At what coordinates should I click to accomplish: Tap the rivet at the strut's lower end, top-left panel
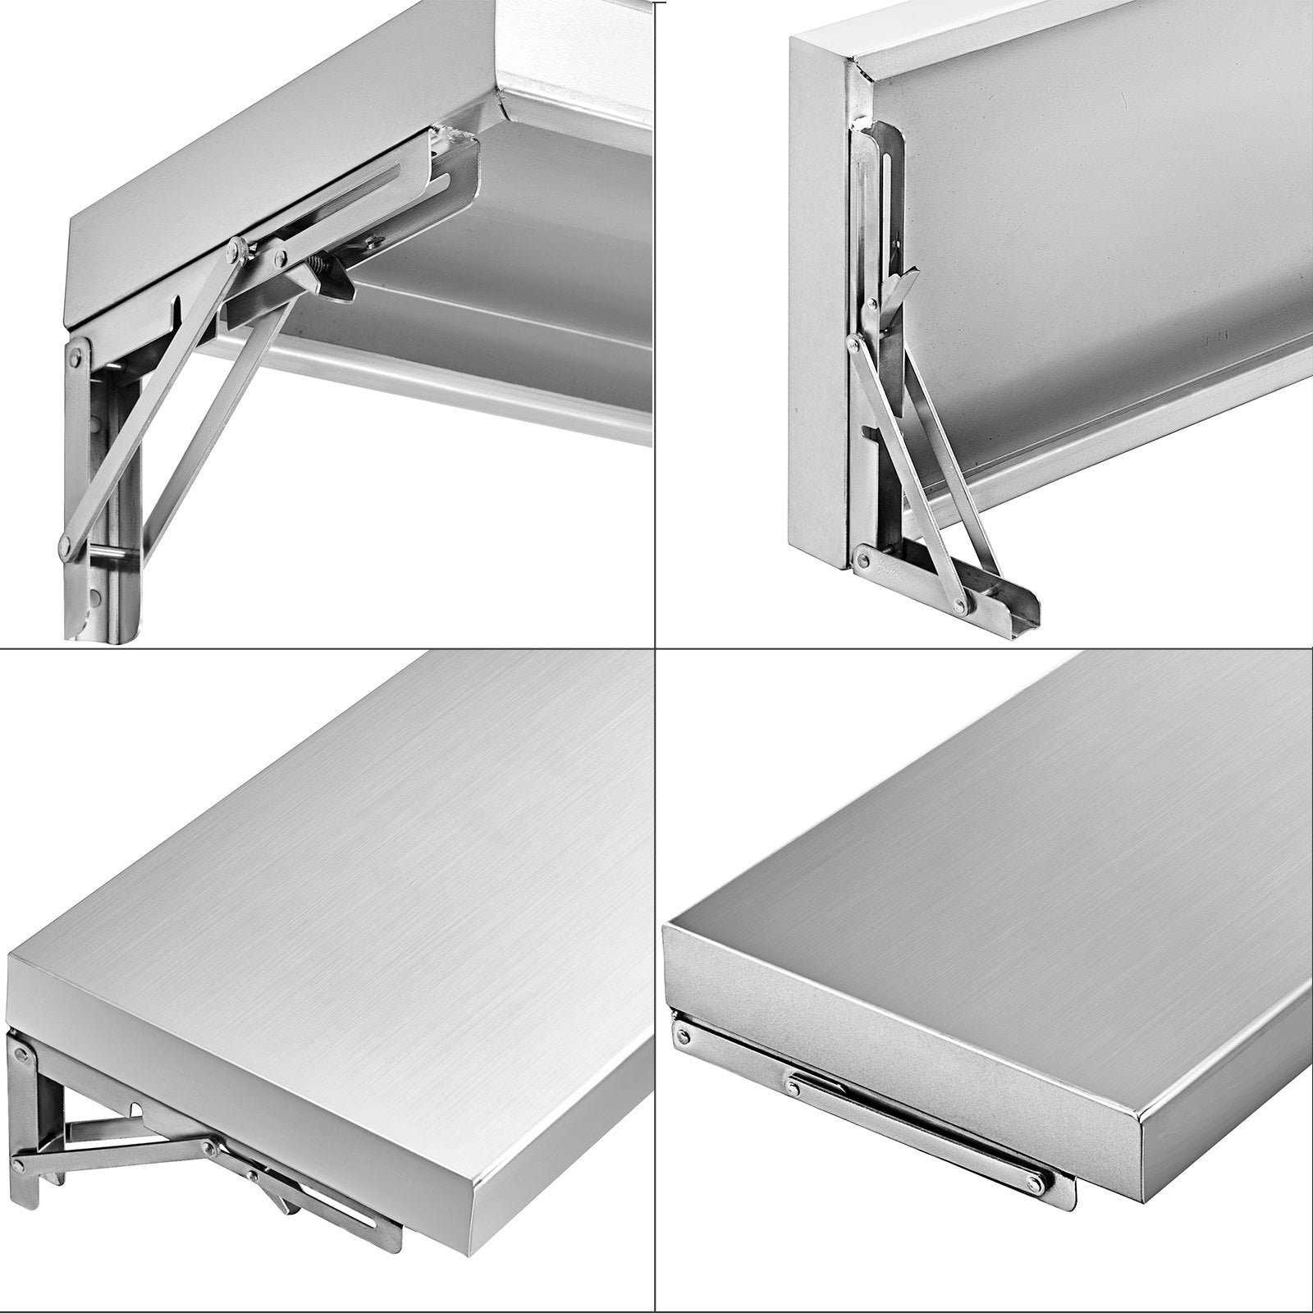pyautogui.click(x=65, y=542)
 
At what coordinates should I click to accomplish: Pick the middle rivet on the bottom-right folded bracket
pyautogui.click(x=793, y=1087)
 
